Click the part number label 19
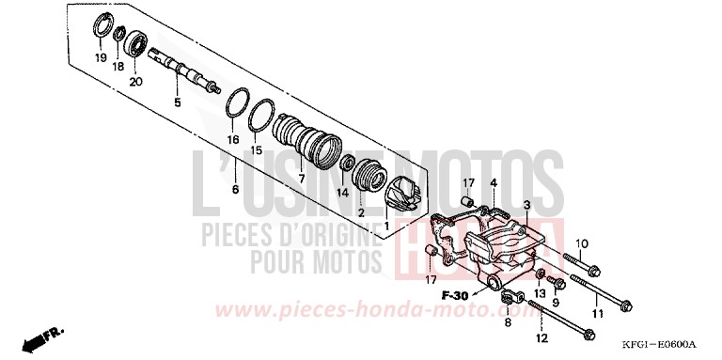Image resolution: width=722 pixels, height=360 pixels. pos(100,57)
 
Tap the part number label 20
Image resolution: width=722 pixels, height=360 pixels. pos(135,82)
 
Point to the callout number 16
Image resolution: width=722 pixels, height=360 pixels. pos(232,139)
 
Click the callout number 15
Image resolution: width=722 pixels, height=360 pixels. pos(255,150)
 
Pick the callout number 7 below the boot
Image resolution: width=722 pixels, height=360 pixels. pos(301,178)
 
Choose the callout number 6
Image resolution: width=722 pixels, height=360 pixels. pos(235,190)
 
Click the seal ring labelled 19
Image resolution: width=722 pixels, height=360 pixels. pos(100,26)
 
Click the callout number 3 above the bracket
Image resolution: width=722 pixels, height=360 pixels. pos(526,204)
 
